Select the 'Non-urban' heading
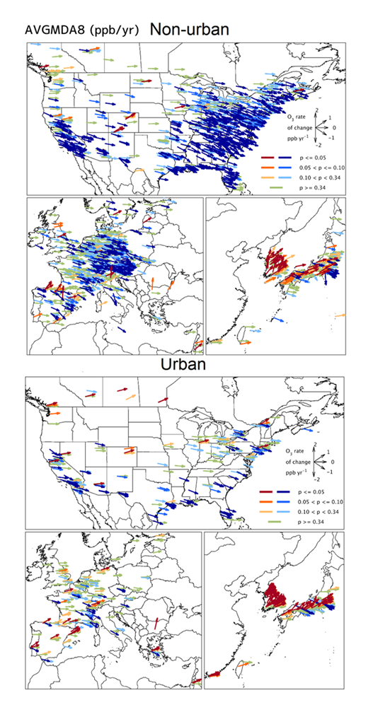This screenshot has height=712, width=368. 187,28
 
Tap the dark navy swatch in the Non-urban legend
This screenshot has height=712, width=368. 288,159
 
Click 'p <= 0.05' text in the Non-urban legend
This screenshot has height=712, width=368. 317,159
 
